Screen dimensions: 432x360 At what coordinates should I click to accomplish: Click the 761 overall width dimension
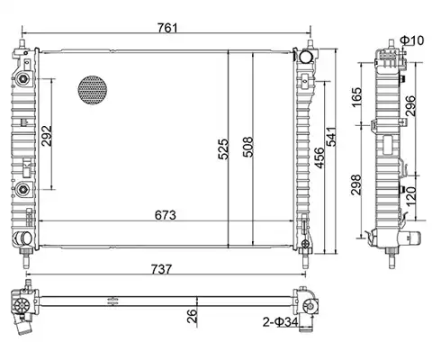click(167, 28)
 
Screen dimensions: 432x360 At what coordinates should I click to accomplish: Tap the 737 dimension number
click(161, 269)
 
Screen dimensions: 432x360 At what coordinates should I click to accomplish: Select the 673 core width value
click(166, 215)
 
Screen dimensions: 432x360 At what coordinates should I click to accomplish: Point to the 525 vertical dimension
click(223, 148)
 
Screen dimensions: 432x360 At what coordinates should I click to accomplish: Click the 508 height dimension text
click(247, 147)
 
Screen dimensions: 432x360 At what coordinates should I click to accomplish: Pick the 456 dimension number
click(319, 157)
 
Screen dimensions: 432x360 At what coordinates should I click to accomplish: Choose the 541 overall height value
click(331, 137)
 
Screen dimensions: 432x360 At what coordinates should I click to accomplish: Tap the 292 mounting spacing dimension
click(47, 136)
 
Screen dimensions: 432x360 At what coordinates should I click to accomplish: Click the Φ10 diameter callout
click(412, 40)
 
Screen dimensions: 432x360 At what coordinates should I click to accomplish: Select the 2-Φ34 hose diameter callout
click(281, 322)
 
